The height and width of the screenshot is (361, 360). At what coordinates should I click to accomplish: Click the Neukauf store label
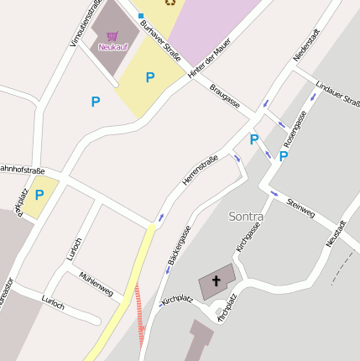tap(112, 47)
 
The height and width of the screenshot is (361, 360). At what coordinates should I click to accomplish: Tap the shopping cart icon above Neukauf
tap(112, 36)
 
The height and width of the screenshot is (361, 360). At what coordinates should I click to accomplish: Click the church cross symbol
tap(217, 280)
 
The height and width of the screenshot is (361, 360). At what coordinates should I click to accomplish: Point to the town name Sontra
tap(246, 217)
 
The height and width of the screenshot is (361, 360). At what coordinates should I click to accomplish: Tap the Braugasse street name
tap(225, 95)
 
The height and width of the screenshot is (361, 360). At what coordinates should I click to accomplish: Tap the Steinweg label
tap(300, 208)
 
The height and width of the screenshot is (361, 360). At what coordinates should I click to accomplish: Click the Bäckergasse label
tap(180, 245)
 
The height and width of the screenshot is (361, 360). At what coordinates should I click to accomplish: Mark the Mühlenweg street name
tap(96, 285)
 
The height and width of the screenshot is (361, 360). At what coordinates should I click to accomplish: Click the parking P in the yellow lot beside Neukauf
tap(150, 78)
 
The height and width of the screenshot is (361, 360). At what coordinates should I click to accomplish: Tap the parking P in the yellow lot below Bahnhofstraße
tap(39, 195)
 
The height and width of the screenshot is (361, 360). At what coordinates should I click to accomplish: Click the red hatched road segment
tap(140, 311)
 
